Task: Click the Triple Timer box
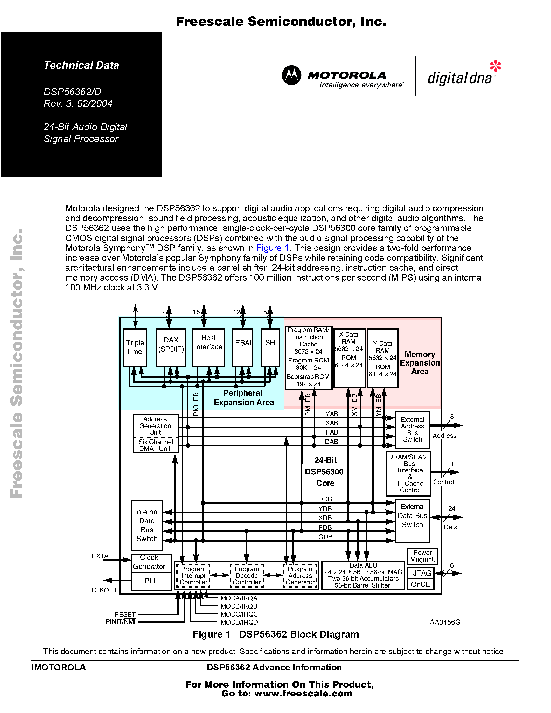point(135,347)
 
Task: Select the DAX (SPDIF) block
point(171,347)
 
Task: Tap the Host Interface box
point(208,347)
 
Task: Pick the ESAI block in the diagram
point(242,347)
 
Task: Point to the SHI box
point(271,347)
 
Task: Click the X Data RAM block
point(349,358)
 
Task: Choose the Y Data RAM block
point(382,358)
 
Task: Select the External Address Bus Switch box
point(412,430)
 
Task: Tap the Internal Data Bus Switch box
point(147,525)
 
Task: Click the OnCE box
point(421,584)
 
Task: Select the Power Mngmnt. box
point(422,556)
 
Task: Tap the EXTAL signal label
point(102,556)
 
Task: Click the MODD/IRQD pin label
point(239,622)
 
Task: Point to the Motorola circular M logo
point(291,75)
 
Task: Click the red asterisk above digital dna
point(495,66)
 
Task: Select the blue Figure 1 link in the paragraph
point(273,248)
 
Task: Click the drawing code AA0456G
point(445,622)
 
